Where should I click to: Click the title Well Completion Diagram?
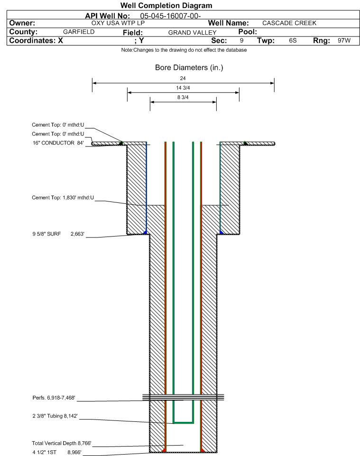point(166,6)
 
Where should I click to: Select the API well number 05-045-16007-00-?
point(171,16)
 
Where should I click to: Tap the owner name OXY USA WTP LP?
point(118,23)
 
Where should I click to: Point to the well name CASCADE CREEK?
point(289,23)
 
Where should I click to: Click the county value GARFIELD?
point(79,32)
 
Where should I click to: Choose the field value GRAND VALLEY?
point(193,33)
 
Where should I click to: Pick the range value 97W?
point(344,40)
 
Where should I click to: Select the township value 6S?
point(293,40)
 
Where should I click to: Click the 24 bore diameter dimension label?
point(183,78)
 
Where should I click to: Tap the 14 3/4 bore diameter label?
point(183,88)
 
